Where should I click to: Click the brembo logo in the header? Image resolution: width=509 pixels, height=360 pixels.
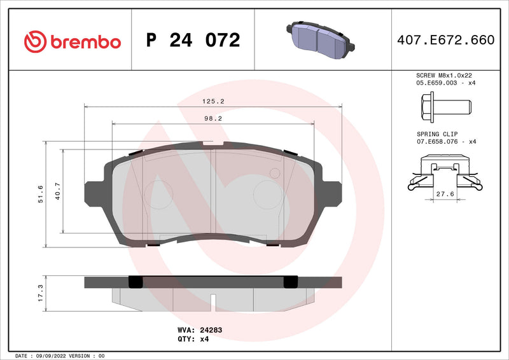point(72,42)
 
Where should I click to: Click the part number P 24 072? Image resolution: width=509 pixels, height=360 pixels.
point(193,41)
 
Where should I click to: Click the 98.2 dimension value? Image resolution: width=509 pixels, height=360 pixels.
point(213,118)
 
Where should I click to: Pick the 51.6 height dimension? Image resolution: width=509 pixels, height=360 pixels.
point(41,194)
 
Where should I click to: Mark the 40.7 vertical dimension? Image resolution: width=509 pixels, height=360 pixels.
point(58,191)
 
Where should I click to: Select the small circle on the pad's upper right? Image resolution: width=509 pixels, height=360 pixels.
point(275,173)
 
